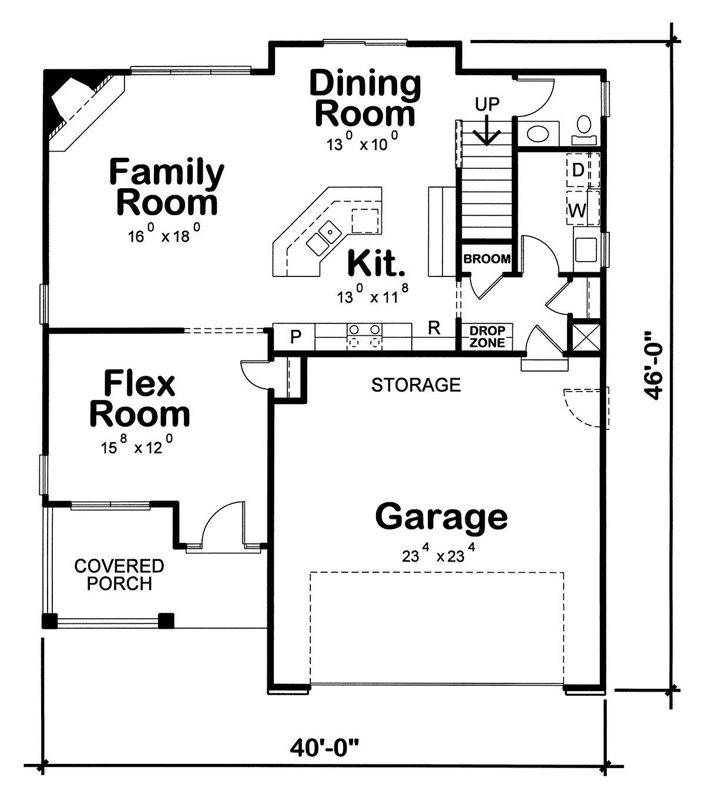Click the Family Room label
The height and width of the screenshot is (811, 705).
click(167, 187)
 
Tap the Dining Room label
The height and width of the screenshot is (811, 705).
click(365, 98)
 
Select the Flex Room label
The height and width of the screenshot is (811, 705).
click(140, 399)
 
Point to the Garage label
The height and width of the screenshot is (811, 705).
click(441, 517)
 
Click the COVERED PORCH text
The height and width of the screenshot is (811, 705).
click(119, 575)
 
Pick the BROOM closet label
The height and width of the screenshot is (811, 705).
click(487, 259)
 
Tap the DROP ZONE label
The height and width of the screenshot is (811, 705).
click(487, 337)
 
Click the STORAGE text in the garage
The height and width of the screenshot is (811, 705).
click(416, 385)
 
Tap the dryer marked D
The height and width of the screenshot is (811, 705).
click(579, 171)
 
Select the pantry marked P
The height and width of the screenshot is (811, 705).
click(296, 337)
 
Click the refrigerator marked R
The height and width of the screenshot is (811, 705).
click(434, 328)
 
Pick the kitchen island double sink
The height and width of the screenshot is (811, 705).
click(323, 237)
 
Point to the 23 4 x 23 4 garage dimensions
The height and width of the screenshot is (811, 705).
click(439, 554)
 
